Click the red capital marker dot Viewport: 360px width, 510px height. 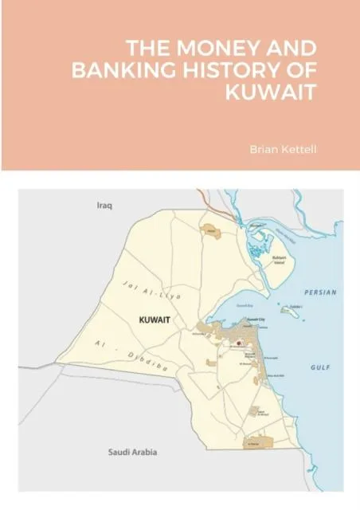(x=237, y=343)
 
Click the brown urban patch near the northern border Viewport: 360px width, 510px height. (x=211, y=231)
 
